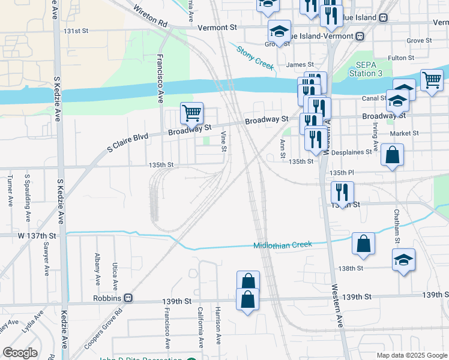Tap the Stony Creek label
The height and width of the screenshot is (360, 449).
point(255,58)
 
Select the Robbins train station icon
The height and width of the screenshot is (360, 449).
point(128,298)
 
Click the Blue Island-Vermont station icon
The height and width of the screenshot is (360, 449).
point(360,35)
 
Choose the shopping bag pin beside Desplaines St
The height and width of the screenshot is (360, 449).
point(392,155)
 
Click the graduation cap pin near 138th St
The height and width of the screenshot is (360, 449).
point(403,260)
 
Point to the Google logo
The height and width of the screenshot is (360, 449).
point(20,353)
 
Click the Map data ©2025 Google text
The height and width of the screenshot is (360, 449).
point(411,355)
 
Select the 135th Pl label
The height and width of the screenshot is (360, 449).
point(339,173)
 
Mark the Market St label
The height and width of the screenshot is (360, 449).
point(400,134)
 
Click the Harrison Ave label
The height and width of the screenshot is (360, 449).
point(218,331)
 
